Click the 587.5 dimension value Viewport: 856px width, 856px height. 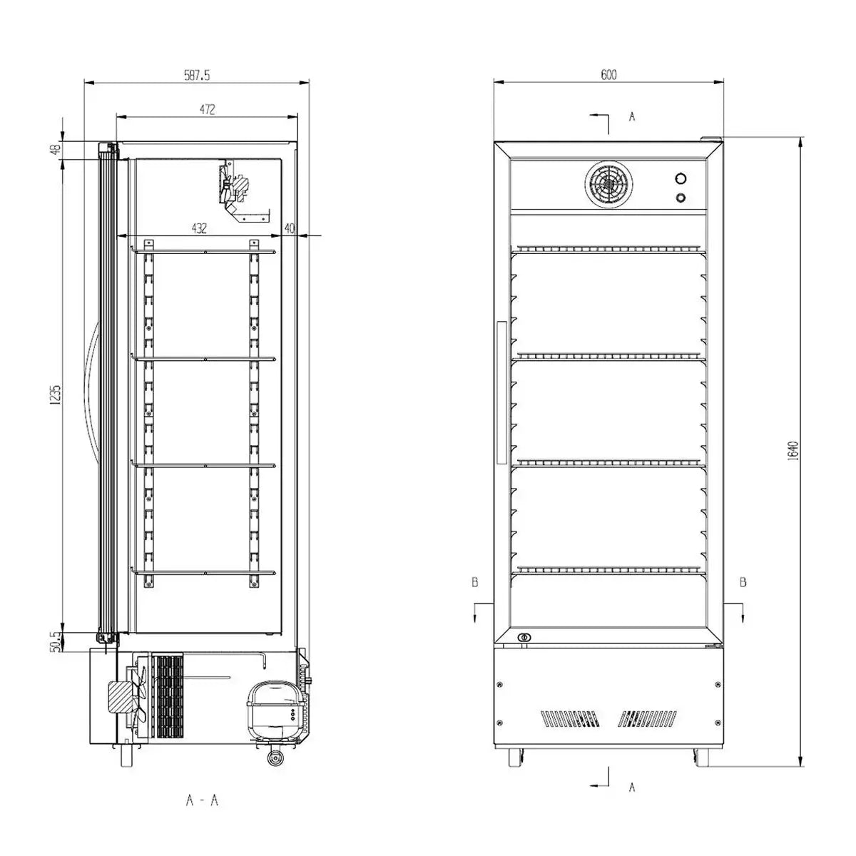[196, 74]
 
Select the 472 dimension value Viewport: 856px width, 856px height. [206, 109]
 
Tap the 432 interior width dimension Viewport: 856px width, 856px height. [199, 228]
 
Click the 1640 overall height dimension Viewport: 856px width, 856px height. [794, 449]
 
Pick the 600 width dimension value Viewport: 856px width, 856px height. [608, 74]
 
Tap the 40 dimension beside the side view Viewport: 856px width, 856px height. [289, 228]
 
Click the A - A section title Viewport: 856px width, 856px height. [202, 800]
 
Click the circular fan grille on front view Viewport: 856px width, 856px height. [608, 185]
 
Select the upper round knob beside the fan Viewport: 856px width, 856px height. [681, 178]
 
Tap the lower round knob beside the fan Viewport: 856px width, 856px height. [681, 198]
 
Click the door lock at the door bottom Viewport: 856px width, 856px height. [525, 637]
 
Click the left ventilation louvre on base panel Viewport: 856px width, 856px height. [570, 718]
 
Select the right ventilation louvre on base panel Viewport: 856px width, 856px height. [648, 718]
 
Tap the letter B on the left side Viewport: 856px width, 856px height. [474, 583]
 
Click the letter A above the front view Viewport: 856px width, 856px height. [631, 117]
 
